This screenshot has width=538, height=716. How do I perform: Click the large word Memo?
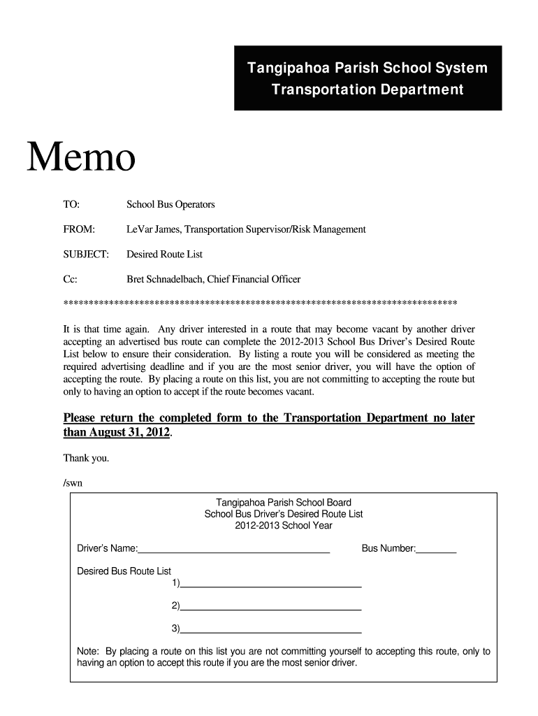81,158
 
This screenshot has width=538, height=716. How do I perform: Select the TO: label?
71,205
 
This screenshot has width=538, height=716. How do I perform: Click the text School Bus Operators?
170,205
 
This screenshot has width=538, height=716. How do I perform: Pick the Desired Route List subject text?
164,255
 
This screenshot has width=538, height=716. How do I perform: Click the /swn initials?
73,482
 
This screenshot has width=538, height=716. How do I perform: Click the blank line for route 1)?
270,585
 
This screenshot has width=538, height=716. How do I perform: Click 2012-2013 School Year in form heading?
283,525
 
